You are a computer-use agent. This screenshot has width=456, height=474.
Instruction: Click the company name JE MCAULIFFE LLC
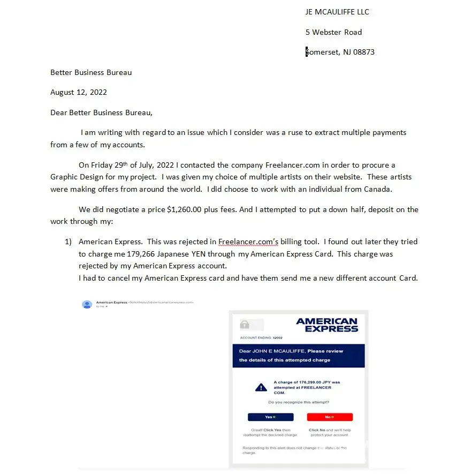pyautogui.click(x=337, y=12)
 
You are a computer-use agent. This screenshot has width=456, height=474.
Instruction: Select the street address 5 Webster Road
pyautogui.click(x=333, y=32)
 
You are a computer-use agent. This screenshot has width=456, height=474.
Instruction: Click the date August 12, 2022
pyautogui.click(x=79, y=92)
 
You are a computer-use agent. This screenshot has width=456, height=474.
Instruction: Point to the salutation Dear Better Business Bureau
pyautogui.click(x=101, y=112)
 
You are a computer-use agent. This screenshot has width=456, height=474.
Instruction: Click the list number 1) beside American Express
pyautogui.click(x=68, y=242)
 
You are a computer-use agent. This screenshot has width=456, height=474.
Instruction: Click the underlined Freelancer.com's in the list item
pyautogui.click(x=248, y=242)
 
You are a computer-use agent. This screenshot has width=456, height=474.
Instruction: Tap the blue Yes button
pyautogui.click(x=270, y=417)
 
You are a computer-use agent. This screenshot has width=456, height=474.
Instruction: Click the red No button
pyautogui.click(x=330, y=417)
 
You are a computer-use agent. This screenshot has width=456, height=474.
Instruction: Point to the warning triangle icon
pyautogui.click(x=261, y=387)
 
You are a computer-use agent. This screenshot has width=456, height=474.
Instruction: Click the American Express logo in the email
pyautogui.click(x=326, y=325)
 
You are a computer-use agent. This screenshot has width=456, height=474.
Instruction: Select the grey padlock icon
pyautogui.click(x=245, y=325)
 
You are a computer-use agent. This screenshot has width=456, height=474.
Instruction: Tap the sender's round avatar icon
pyautogui.click(x=87, y=304)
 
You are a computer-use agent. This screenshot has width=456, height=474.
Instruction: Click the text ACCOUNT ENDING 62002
pyautogui.click(x=261, y=338)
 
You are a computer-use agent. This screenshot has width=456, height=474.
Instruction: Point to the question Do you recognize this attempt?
pyautogui.click(x=299, y=402)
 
